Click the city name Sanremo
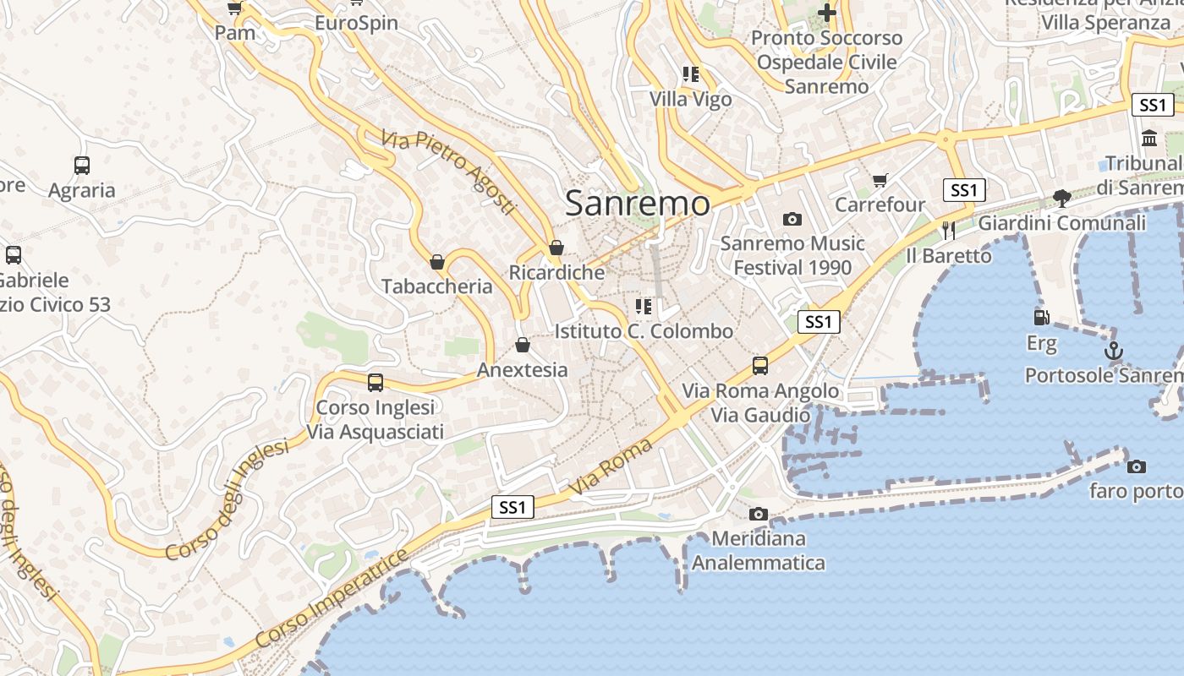click(x=637, y=204)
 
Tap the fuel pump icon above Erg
click(x=1042, y=318)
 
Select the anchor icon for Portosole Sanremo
click(x=1114, y=351)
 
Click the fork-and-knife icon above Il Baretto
click(x=949, y=230)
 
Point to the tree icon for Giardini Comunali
click(x=1062, y=199)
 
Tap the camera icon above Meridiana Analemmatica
click(x=758, y=514)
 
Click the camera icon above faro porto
click(x=1137, y=466)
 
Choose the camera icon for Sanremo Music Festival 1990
click(x=792, y=220)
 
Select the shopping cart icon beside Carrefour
click(x=880, y=180)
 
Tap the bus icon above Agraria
click(x=82, y=166)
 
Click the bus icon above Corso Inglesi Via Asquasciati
click(x=375, y=383)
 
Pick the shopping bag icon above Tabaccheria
click(x=437, y=262)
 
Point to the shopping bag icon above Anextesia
click(x=523, y=345)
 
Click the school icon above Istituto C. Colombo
click(x=644, y=306)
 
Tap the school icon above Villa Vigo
click(x=691, y=74)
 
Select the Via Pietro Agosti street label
click(x=447, y=172)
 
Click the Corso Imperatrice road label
click(x=332, y=598)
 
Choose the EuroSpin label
click(x=356, y=23)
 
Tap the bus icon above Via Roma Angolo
click(x=760, y=366)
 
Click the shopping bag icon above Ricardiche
click(x=556, y=248)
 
